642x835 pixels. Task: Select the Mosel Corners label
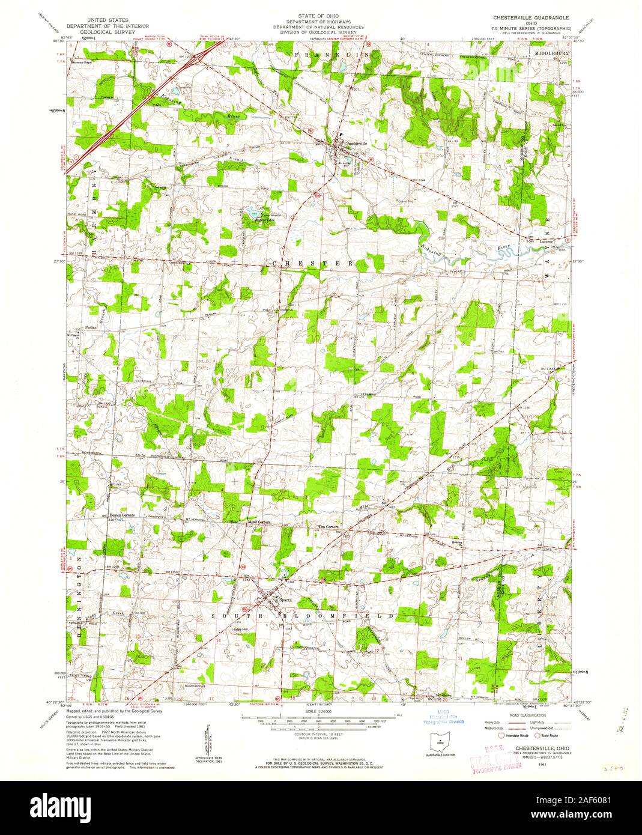(259, 523)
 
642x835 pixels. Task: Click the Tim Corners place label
(329, 528)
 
